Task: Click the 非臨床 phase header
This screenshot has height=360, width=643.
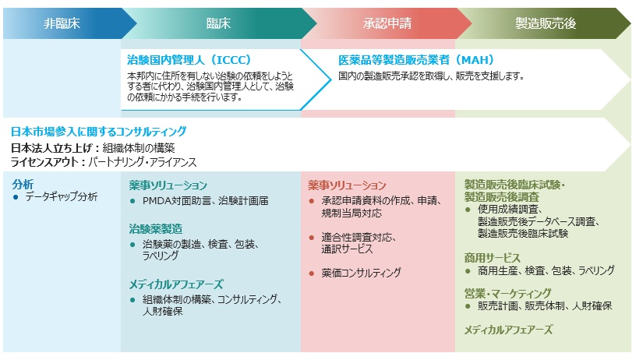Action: [62, 23]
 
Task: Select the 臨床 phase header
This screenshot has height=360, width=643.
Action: [218, 23]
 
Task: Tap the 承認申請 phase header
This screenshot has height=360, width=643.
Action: [387, 23]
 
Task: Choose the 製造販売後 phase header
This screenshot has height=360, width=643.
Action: [546, 23]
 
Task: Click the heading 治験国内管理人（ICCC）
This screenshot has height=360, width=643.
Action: [189, 60]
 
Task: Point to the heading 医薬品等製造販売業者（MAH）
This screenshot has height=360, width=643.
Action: [416, 60]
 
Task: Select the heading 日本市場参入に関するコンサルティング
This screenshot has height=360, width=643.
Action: [98, 132]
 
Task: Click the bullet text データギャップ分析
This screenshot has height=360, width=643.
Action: [62, 197]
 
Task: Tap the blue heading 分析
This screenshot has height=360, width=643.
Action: [23, 184]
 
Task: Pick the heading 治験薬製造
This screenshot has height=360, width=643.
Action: [156, 229]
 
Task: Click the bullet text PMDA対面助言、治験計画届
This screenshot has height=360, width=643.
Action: [206, 201]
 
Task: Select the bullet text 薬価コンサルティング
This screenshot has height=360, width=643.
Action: [362, 273]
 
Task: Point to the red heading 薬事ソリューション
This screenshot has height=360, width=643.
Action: [347, 185]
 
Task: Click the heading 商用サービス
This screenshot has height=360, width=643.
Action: [492, 258]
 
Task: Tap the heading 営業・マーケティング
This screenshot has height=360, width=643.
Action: [507, 294]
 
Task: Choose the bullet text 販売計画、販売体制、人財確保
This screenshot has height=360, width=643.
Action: [545, 306]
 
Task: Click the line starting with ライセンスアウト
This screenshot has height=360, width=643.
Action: [104, 162]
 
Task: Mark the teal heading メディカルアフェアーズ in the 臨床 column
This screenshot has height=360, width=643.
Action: [176, 284]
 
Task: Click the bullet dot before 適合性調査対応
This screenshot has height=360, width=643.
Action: [312, 238]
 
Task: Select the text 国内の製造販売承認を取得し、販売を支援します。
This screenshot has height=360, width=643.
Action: [431, 76]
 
